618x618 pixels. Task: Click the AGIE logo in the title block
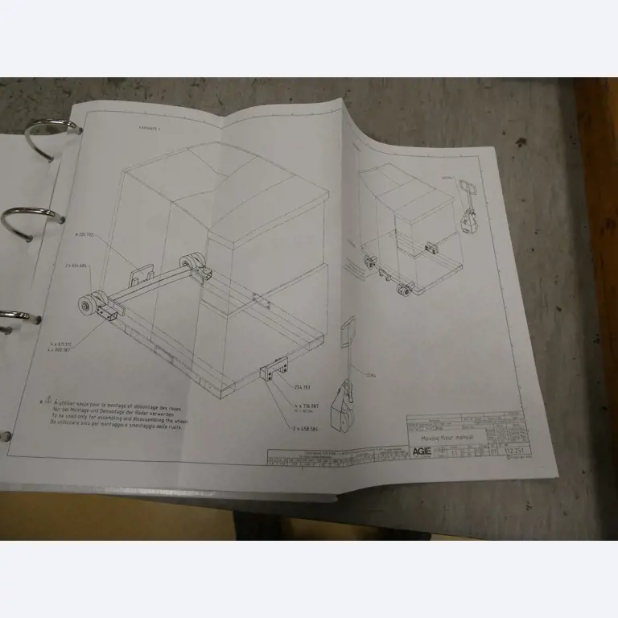click(422, 451)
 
